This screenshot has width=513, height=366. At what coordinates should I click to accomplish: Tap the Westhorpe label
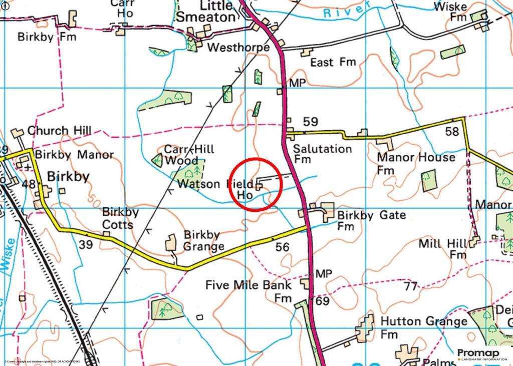238,48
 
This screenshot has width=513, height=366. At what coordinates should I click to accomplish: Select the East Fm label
333,62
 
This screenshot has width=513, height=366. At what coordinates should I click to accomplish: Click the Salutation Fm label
322,154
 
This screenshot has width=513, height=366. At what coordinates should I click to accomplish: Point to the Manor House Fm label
416,163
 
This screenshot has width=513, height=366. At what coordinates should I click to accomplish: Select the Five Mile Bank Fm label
249,290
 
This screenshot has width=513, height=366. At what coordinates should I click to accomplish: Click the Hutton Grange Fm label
424,326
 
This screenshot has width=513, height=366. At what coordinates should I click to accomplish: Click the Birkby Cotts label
120,218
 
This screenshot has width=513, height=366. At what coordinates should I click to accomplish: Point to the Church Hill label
59,131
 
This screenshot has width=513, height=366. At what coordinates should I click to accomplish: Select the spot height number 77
411,286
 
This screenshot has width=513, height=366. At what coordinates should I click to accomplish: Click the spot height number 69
323,301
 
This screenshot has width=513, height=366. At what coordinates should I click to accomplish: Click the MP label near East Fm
297,83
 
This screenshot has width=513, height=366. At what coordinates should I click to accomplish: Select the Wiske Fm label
450,12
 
